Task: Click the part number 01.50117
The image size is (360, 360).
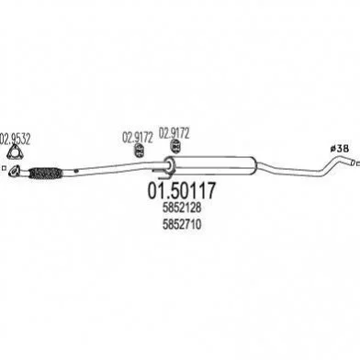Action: click(182, 190)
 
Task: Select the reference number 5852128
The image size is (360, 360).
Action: click(182, 208)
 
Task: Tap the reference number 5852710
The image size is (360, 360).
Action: click(182, 225)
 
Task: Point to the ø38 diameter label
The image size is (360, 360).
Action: click(340, 149)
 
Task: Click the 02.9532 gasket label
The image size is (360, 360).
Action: click(16, 140)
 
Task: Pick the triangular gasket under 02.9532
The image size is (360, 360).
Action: click(13, 153)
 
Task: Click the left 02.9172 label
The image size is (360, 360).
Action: click(138, 138)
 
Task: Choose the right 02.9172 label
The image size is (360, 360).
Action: click(174, 133)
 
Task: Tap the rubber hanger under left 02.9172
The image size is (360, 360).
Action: click(140, 151)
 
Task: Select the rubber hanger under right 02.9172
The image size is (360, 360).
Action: click(175, 146)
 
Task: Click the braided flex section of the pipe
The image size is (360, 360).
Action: click(46, 173)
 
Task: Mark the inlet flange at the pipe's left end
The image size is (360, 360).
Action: click(15, 171)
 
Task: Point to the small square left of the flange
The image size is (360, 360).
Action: click(4, 168)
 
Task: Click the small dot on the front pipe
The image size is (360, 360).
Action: click(76, 171)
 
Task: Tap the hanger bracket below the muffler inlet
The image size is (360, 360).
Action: click(163, 173)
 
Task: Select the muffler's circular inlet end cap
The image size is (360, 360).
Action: click(168, 165)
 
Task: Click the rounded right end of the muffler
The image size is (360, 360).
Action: click(253, 165)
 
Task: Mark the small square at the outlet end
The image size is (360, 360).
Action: click(358, 163)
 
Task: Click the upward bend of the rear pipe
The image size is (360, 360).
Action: click(330, 164)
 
